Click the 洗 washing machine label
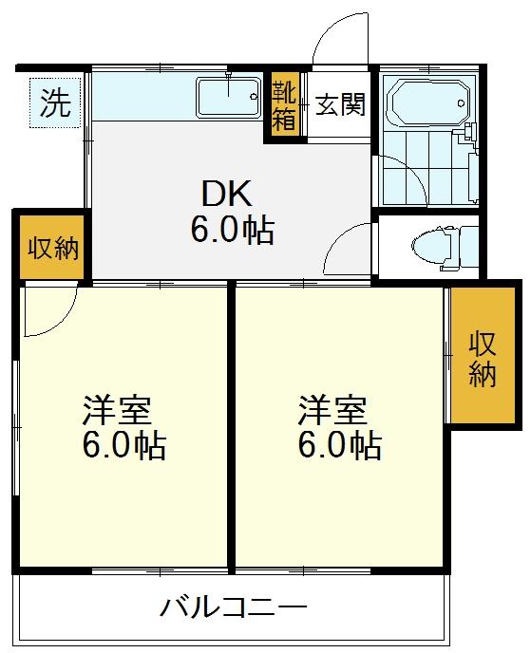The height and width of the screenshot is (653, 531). point(55,103)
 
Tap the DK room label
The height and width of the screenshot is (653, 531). point(227,194)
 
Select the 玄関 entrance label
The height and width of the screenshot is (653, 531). point(340,104)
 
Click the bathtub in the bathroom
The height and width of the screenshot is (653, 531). point(428,103)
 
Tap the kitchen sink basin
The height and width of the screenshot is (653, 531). point(229,97)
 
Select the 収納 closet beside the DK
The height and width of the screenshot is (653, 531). point(53,248)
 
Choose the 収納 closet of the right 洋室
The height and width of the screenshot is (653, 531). point(484,355)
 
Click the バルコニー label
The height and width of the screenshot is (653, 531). point(234,607)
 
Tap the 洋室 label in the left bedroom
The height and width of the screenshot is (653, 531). point(117,410)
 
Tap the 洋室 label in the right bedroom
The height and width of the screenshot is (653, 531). point(332,410)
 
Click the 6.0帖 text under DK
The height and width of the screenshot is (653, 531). point(233,230)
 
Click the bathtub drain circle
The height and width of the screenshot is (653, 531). point(461,103)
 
